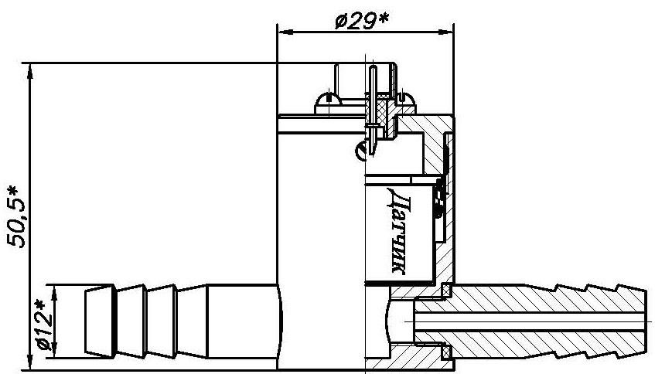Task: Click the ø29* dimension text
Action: point(362,21)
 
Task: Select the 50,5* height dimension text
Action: point(16,218)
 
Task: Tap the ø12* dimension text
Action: point(45,325)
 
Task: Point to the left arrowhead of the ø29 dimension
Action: point(285,32)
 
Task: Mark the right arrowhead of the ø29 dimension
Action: point(445,32)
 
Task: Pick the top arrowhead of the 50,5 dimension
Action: point(29,71)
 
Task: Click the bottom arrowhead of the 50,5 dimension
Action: point(29,362)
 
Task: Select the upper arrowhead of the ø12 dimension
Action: point(54,293)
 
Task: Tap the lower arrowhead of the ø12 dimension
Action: point(54,350)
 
